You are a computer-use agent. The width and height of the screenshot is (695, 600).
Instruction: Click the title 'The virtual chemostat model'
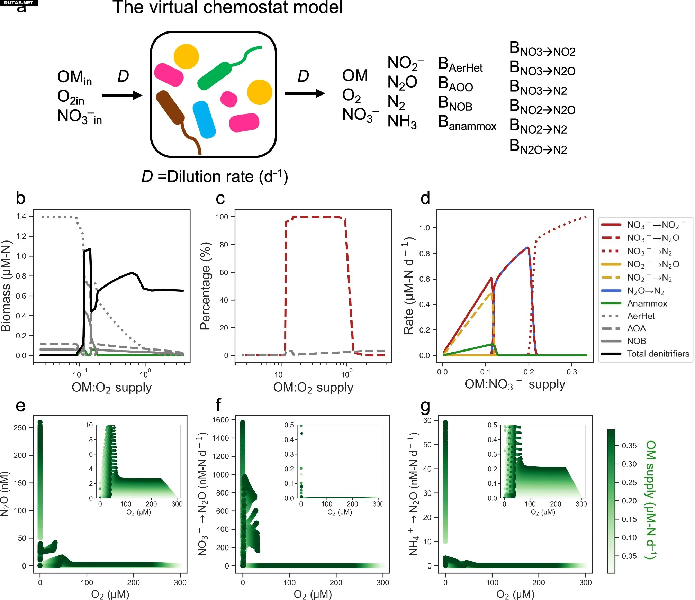pos(227,8)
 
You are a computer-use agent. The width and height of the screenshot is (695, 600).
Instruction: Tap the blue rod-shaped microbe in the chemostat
pos(204,120)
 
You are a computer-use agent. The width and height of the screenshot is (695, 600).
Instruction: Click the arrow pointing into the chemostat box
pos(122,96)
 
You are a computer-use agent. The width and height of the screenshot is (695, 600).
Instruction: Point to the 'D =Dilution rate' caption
pos(215,177)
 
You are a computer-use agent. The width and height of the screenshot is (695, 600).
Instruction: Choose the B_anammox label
pos(467,123)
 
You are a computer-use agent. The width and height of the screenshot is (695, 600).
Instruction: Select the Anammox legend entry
pos(647,303)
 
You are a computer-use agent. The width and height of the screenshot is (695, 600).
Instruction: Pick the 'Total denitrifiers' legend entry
pos(658,354)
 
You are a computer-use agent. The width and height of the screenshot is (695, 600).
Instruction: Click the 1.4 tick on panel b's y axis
pos(21,217)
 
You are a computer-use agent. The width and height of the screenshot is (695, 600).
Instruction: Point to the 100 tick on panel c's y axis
pos(222,217)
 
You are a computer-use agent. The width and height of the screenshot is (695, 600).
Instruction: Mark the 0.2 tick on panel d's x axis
pos(529,372)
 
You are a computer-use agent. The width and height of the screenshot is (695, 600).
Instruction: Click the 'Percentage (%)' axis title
pos(206,286)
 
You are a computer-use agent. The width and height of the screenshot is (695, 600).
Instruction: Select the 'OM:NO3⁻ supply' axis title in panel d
pos(515,384)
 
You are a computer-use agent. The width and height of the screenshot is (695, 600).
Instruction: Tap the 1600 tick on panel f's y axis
pos(220,420)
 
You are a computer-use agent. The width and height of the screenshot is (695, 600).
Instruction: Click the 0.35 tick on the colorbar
pos(629,446)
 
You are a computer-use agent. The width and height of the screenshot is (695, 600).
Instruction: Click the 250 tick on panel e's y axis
pos(20,428)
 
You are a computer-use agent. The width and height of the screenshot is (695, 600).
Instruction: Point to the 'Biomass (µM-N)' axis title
pos(6,286)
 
